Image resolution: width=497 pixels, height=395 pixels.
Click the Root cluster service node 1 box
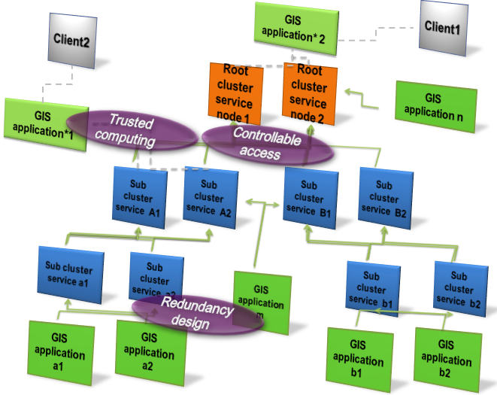(x=235, y=94)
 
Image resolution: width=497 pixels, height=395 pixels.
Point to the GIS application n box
(x=435, y=107)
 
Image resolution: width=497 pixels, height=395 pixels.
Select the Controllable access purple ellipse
(x=268, y=143)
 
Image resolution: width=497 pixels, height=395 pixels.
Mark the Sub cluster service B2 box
(x=383, y=193)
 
